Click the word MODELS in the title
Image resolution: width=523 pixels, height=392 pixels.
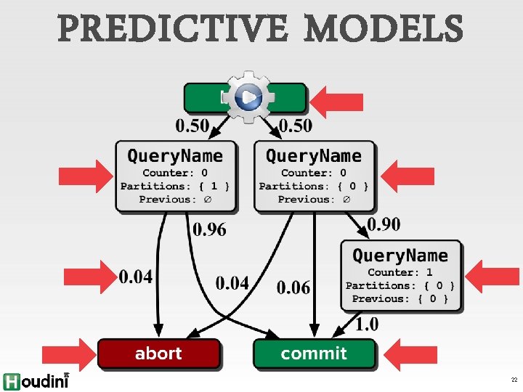[x=383, y=30]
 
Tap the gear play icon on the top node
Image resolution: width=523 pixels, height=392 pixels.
[x=248, y=97]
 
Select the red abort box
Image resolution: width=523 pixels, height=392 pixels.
[x=158, y=354]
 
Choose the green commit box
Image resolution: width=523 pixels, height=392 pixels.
[x=314, y=354]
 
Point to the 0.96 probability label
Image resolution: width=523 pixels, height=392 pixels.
[x=209, y=230]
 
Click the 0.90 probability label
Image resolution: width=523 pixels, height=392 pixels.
[x=384, y=224]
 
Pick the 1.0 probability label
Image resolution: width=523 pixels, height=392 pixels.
[x=366, y=324]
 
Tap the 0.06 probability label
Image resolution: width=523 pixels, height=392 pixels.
[x=293, y=287]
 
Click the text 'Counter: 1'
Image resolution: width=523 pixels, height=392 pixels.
[x=400, y=272]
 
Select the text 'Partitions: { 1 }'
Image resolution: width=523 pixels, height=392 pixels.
[x=175, y=186]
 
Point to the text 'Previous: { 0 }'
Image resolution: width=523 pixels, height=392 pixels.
[x=400, y=298]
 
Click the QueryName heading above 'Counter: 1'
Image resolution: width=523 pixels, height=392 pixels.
[x=400, y=256]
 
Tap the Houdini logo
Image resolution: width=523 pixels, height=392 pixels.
[x=35, y=380]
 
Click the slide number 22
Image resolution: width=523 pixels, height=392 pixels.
[x=514, y=380]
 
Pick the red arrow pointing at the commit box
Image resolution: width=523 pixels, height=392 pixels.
[x=414, y=354]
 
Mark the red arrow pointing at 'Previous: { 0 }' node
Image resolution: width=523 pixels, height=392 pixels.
[x=490, y=276]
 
